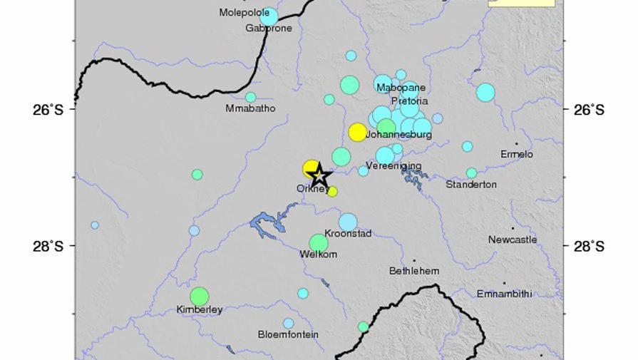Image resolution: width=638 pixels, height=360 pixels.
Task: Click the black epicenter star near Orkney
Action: tap(320, 175)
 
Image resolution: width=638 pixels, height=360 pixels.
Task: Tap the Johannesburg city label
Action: tap(399, 134)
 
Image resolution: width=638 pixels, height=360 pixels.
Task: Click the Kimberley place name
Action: tap(200, 310)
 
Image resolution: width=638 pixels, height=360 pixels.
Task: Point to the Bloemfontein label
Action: tap(288, 334)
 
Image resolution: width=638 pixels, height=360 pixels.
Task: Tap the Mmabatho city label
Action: tap(250, 109)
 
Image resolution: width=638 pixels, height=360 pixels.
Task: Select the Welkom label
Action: tap(319, 254)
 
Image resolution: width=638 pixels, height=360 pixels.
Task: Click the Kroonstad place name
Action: tap(348, 234)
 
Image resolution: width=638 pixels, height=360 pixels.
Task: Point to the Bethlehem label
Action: tap(414, 271)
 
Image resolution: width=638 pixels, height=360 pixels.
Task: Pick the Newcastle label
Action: tap(513, 240)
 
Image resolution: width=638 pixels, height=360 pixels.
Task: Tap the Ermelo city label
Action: tap(517, 154)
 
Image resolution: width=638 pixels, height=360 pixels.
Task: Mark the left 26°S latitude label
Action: tap(51, 110)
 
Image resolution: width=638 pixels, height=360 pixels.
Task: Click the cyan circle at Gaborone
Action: tap(269, 16)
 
